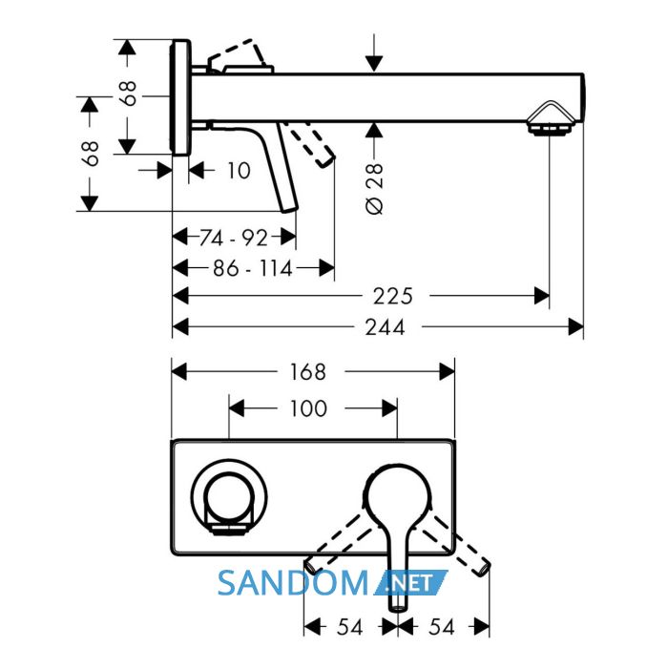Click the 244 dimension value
(385, 327)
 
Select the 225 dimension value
(393, 296)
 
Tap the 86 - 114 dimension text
(253, 268)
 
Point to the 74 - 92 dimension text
(234, 238)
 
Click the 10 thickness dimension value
(239, 171)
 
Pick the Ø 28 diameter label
(374, 188)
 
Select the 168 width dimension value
(308, 372)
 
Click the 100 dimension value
(308, 408)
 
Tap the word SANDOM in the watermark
(293, 583)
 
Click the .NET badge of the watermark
(410, 583)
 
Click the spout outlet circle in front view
(229, 496)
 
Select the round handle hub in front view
(397, 496)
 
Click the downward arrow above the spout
(374, 52)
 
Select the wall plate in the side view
(180, 97)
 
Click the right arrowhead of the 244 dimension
(576, 327)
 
